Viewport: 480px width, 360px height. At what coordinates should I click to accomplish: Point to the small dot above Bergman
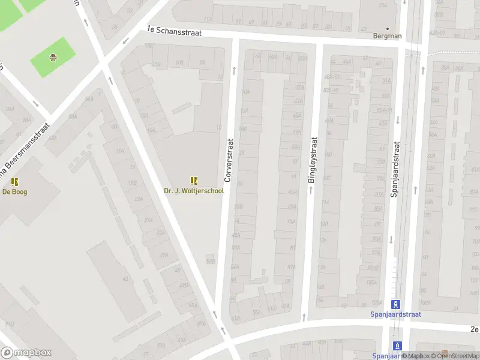[388, 28]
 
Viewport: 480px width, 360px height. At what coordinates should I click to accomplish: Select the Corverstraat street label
[228, 160]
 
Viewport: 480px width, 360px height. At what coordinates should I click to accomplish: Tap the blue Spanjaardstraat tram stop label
[395, 314]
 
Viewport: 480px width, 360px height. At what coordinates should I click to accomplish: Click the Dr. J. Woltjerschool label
[194, 191]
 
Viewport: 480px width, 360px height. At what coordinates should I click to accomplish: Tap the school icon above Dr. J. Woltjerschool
[194, 181]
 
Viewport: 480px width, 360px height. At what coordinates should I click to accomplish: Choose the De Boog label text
[15, 192]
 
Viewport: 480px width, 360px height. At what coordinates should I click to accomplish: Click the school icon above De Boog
[15, 181]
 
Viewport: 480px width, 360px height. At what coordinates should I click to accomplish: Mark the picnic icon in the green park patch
[53, 58]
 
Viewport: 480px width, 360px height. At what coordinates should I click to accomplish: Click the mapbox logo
[26, 353]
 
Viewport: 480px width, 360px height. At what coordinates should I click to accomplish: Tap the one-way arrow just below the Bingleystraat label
[311, 190]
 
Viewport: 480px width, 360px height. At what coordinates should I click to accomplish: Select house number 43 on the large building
[125, 279]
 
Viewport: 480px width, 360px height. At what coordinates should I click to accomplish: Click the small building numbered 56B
[210, 261]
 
